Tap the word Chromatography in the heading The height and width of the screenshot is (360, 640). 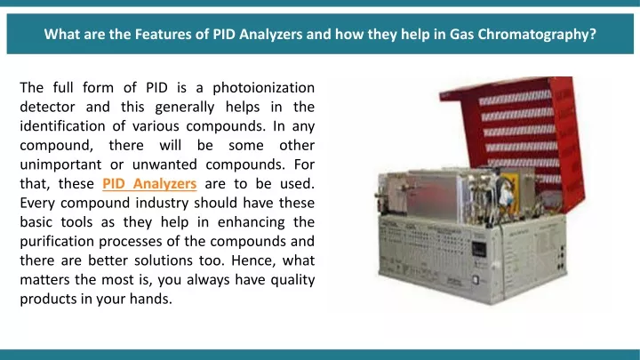tap(537, 35)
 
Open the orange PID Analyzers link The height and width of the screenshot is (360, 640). tap(149, 184)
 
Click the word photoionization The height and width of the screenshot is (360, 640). tap(264, 88)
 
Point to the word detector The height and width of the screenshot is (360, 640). tap(47, 107)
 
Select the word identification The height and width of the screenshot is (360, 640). tap(62, 126)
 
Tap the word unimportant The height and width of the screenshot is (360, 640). tap(60, 165)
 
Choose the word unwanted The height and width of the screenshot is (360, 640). tap(164, 165)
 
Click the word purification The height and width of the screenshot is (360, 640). tap(57, 242)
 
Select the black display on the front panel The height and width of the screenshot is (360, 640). tap(478, 249)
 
